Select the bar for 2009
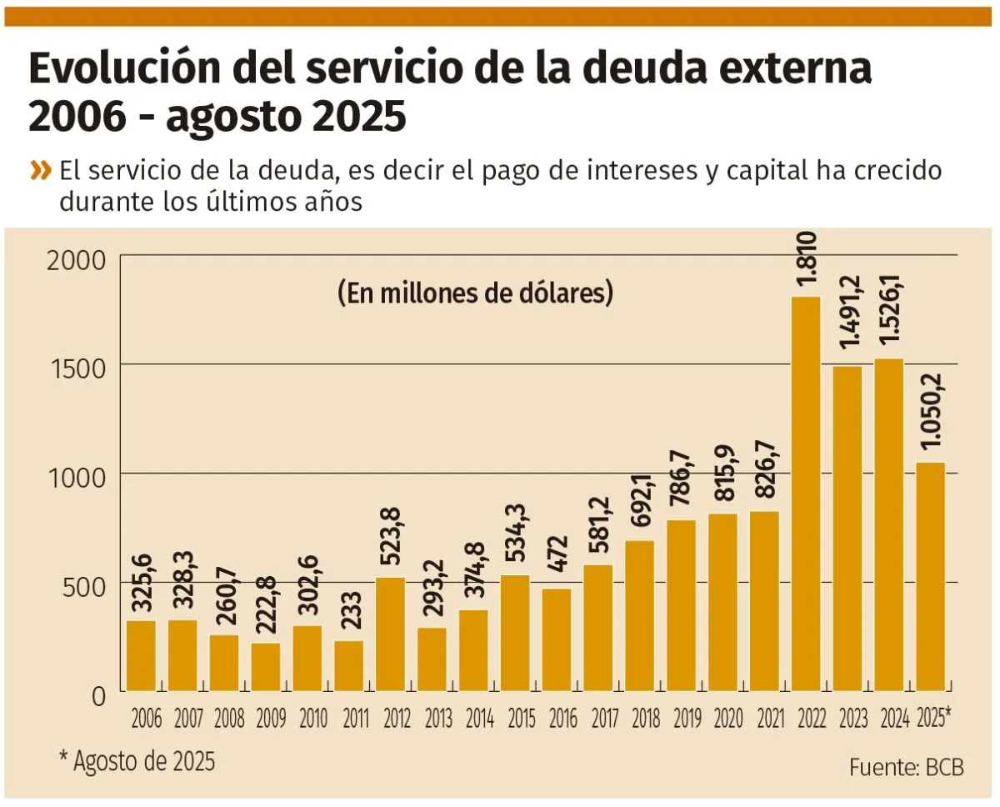[x=266, y=667]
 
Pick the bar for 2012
[x=390, y=634]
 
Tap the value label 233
[x=349, y=613]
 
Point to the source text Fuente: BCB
[x=907, y=768]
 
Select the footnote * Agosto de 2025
[x=137, y=761]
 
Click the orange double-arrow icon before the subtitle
[x=40, y=171]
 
